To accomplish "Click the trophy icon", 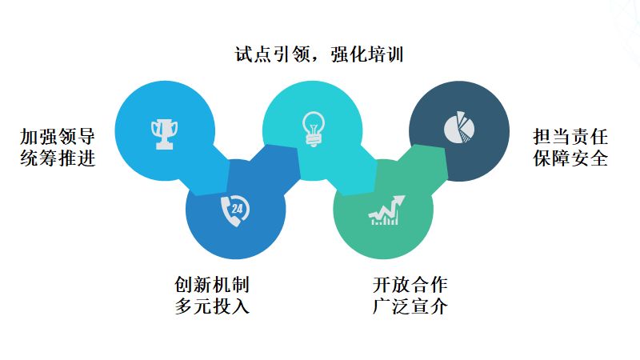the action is click(165, 134).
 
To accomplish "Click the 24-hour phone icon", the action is click(234, 210).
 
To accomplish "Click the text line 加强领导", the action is click(58, 136).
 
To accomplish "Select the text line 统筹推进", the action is click(58, 158).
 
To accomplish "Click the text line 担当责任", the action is click(570, 136).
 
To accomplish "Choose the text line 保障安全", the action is click(570, 158).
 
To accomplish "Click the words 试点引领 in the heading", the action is click(263, 55).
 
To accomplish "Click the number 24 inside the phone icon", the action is click(237, 209).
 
